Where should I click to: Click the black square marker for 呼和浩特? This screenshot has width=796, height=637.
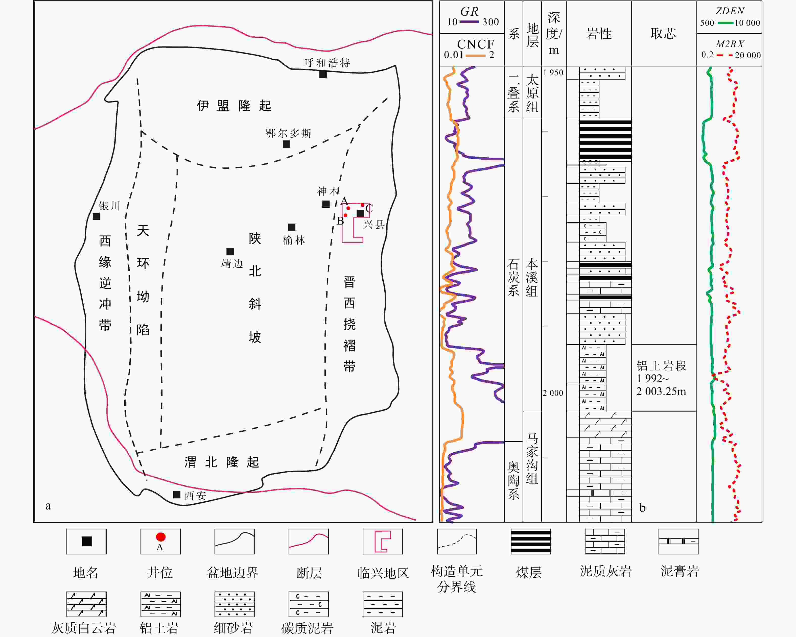pyautogui.click(x=323, y=75)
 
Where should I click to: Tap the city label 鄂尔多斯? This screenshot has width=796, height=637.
pyautogui.click(x=289, y=133)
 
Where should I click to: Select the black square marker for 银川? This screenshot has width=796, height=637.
pyautogui.click(x=96, y=216)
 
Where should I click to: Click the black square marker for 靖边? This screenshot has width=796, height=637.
pyautogui.click(x=230, y=251)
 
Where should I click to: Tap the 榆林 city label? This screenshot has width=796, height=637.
pyautogui.click(x=294, y=240)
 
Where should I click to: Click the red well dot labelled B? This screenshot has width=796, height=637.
pyautogui.click(x=345, y=215)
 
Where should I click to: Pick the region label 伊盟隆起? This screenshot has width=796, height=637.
pyautogui.click(x=234, y=106)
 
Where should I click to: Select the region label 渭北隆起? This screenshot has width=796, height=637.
pyautogui.click(x=222, y=462)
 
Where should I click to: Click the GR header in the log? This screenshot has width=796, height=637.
pyautogui.click(x=469, y=12)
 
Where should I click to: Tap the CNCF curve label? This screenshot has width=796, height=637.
pyautogui.click(x=476, y=44)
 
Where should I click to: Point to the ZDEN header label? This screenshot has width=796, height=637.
pyautogui.click(x=730, y=11)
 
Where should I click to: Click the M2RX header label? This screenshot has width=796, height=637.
pyautogui.click(x=730, y=44)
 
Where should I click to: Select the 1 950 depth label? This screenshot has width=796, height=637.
pyautogui.click(x=553, y=73)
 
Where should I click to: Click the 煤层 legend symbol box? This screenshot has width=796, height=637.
pyautogui.click(x=531, y=542)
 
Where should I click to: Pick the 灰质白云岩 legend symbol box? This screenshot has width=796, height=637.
pyautogui.click(x=87, y=604)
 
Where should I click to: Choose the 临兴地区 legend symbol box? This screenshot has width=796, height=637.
pyautogui.click(x=383, y=542)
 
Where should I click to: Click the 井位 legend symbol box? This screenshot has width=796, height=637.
pyautogui.click(x=161, y=542)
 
